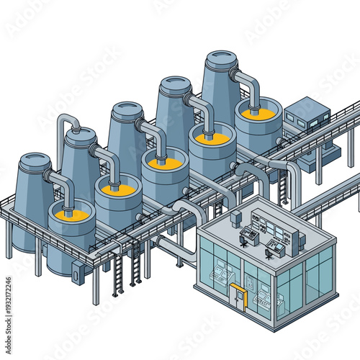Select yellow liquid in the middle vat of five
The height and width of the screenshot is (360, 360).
coord(165,163)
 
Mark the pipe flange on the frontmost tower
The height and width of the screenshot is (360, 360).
coord(50,174)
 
